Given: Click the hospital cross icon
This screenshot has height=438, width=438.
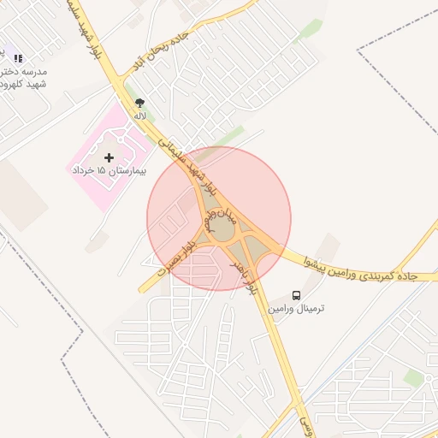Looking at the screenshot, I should tap(109, 157).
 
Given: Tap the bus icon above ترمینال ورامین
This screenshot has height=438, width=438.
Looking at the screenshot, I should tap(295, 294).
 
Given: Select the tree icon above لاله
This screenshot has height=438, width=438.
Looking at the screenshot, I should tap(139, 102).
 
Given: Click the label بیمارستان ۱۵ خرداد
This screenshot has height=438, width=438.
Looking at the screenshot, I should tap(109, 171).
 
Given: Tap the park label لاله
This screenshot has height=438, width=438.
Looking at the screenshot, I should tap(139, 114).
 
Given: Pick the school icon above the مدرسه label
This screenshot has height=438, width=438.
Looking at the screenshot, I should tap(18, 58).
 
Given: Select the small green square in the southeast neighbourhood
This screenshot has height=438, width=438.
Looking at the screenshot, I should tap(414, 377).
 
